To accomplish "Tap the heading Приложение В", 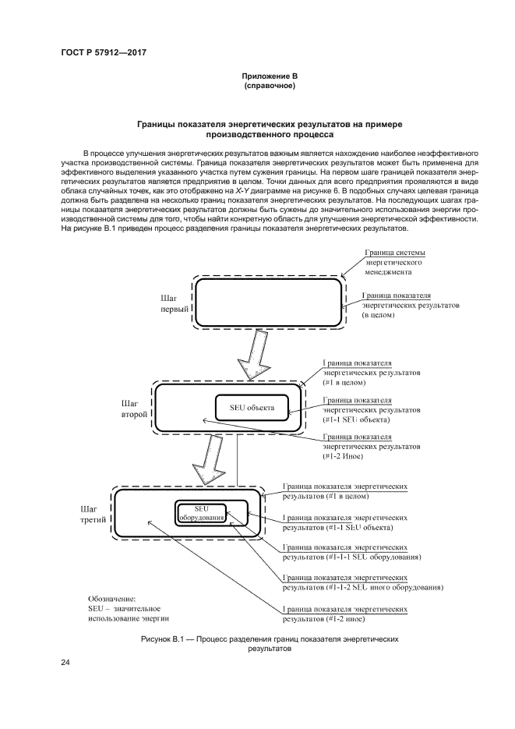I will pyautogui.click(x=269, y=76).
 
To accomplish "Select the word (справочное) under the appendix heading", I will pyautogui.click(x=269, y=85).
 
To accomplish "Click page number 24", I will pyautogui.click(x=65, y=662).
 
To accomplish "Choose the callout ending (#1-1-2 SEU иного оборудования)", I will pyautogui.click(x=362, y=582).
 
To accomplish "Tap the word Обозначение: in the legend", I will pyautogui.click(x=111, y=598).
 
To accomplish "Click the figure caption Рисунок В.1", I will pyautogui.click(x=270, y=642).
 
